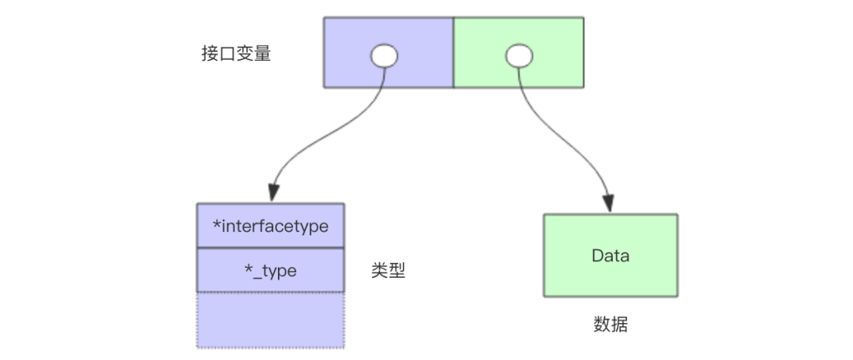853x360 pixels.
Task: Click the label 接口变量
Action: click(x=236, y=54)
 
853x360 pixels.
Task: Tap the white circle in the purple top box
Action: click(x=384, y=56)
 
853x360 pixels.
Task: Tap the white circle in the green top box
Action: click(x=518, y=56)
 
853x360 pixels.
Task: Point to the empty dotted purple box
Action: click(x=270, y=320)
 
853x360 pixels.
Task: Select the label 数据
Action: click(x=611, y=324)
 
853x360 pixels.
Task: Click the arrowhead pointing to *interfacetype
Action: click(x=273, y=193)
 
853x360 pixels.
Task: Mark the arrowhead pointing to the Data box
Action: click(x=610, y=202)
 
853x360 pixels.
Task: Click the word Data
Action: click(x=611, y=256)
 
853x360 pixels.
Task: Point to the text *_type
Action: click(x=271, y=271)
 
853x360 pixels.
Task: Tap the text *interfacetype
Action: click(x=271, y=226)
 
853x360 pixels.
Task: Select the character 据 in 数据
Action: click(x=619, y=324)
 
